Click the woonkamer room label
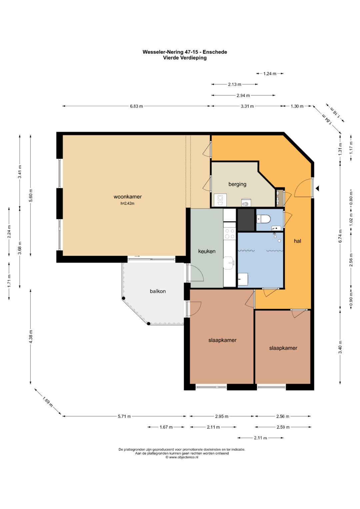127,197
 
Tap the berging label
237,184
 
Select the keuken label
207,251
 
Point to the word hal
297,241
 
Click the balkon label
158,291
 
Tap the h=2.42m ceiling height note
127,204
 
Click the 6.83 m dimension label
136,106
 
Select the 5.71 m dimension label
124,417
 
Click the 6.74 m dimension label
340,236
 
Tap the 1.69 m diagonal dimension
47,402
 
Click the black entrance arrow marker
318,188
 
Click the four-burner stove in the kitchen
229,234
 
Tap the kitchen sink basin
229,263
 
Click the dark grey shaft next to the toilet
246,220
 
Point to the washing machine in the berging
220,200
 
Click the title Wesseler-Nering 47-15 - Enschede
185,52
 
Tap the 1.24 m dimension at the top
270,74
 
